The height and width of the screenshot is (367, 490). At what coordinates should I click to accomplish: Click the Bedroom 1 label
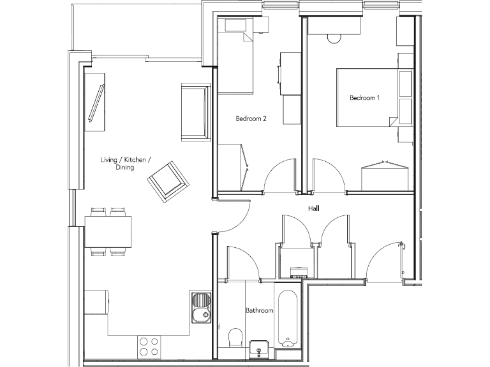[364, 98]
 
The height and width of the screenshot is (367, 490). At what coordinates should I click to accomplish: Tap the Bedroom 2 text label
[251, 119]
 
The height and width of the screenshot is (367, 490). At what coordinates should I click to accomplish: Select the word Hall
[313, 208]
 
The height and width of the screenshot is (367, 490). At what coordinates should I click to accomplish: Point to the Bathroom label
[260, 311]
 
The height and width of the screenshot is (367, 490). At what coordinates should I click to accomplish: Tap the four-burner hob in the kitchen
[148, 346]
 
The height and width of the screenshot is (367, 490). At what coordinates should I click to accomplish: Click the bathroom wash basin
[258, 349]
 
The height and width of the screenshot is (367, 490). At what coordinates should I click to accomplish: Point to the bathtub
[288, 317]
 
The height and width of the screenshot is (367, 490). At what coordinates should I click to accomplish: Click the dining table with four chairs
[108, 231]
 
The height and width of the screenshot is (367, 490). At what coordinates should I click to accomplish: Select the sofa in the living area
[195, 112]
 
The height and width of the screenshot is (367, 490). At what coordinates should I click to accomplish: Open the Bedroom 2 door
[281, 175]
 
